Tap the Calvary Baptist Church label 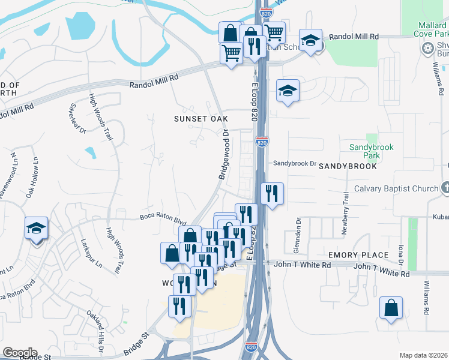[x=396, y=189]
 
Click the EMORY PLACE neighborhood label [x=351, y=255]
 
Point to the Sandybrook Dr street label [x=295, y=163]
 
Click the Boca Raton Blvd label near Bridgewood [x=159, y=219]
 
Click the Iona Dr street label [x=400, y=252]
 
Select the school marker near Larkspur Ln [x=36, y=229]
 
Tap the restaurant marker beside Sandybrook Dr [x=273, y=193]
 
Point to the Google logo [x=20, y=353]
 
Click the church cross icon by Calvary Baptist [x=445, y=188]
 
